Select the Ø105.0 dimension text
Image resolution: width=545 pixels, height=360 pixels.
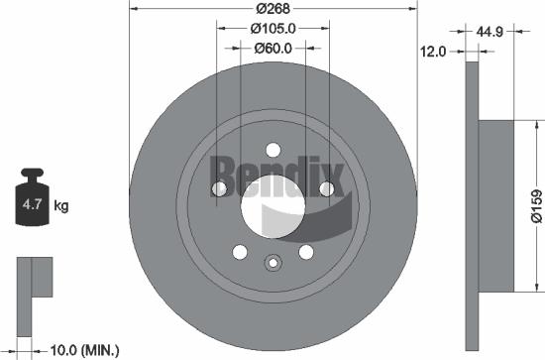tap(272, 28)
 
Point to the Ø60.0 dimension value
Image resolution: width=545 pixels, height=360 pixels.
tap(272, 48)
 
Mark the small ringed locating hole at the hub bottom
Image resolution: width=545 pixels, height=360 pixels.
tap(272, 263)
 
